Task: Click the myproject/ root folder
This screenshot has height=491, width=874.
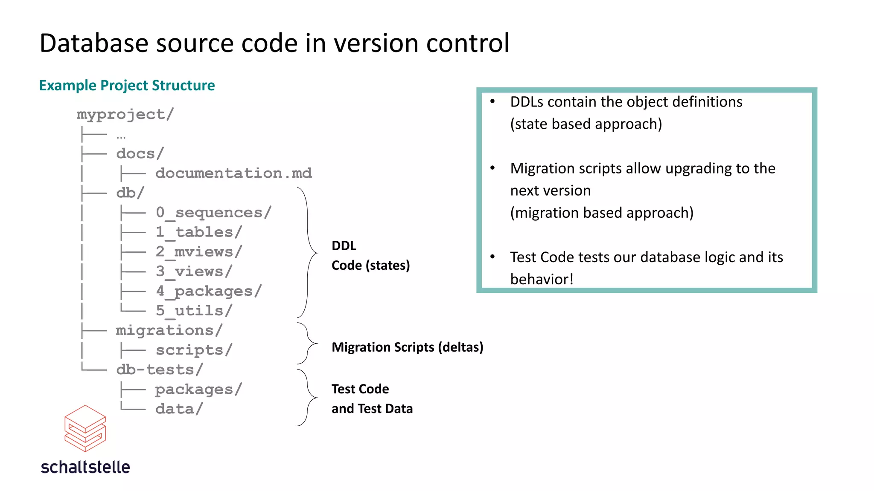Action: pyautogui.click(x=125, y=114)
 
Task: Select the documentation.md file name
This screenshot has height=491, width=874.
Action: pyautogui.click(x=233, y=173)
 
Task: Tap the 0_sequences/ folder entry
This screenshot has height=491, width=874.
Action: pyautogui.click(x=213, y=212)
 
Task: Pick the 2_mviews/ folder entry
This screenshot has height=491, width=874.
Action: pyautogui.click(x=199, y=251)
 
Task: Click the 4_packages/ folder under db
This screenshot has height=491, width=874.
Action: pyautogui.click(x=209, y=291)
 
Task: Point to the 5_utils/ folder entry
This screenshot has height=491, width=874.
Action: pyautogui.click(x=194, y=311)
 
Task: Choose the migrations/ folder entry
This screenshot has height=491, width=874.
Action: pyautogui.click(x=169, y=330)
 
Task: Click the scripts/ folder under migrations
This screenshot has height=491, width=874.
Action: pyautogui.click(x=194, y=350)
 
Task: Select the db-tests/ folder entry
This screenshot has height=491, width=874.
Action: pyautogui.click(x=160, y=370)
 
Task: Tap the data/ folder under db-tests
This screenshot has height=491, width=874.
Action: pyautogui.click(x=179, y=409)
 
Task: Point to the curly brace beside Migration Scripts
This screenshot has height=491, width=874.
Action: pyautogui.click(x=308, y=343)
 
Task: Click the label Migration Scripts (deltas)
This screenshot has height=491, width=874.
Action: pyautogui.click(x=407, y=347)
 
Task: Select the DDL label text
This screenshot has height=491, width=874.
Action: pyautogui.click(x=344, y=245)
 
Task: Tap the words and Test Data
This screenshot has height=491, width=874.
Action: pyautogui.click(x=372, y=409)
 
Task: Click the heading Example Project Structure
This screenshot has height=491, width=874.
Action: pyautogui.click(x=127, y=85)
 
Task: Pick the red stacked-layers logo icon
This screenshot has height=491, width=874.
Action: pyautogui.click(x=85, y=428)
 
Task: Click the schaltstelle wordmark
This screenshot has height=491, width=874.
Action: pyautogui.click(x=85, y=467)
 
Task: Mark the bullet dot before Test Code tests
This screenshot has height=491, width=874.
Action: pyautogui.click(x=492, y=257)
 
